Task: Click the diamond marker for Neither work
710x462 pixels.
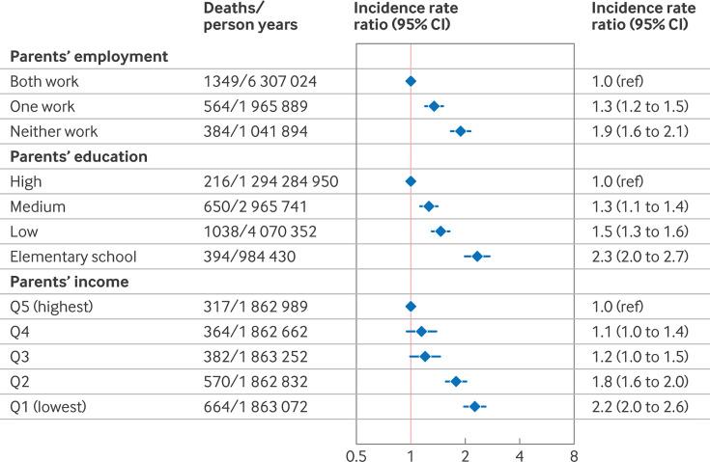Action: click(x=461, y=131)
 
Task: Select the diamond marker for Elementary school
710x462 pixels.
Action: click(x=477, y=257)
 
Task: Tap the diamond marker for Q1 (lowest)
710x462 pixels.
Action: click(x=474, y=407)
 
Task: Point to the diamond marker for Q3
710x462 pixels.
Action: click(x=425, y=357)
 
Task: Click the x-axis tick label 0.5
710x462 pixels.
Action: click(x=356, y=451)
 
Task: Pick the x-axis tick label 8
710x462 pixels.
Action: click(x=574, y=451)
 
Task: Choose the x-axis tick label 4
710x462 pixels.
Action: click(x=520, y=451)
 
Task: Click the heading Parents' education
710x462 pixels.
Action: click(x=72, y=156)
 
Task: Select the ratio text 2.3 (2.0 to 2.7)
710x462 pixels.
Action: click(x=642, y=257)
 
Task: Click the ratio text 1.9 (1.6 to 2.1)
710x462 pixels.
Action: click(x=641, y=131)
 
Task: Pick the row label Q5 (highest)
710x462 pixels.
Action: click(x=52, y=307)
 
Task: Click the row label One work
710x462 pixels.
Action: click(x=43, y=107)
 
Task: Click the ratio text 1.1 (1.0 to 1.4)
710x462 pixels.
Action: click(x=641, y=332)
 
